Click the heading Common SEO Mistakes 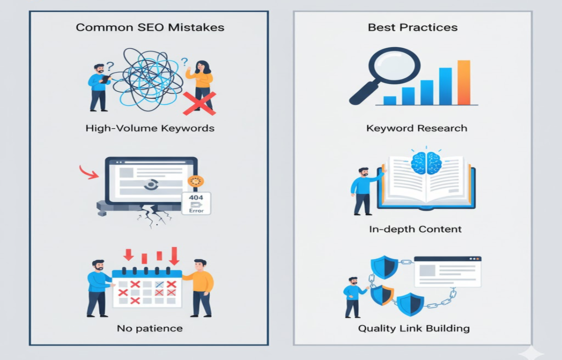tap(150, 27)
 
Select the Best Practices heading tap(412, 27)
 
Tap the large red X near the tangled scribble tap(199, 103)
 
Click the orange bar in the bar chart tap(463, 82)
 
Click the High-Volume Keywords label tap(150, 128)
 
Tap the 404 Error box tap(196, 203)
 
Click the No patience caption tap(150, 328)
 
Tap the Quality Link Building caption tap(414, 328)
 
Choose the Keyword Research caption tap(417, 128)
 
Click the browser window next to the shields tap(448, 272)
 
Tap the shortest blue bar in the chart tap(390, 100)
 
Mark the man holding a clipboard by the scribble tap(99, 87)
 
